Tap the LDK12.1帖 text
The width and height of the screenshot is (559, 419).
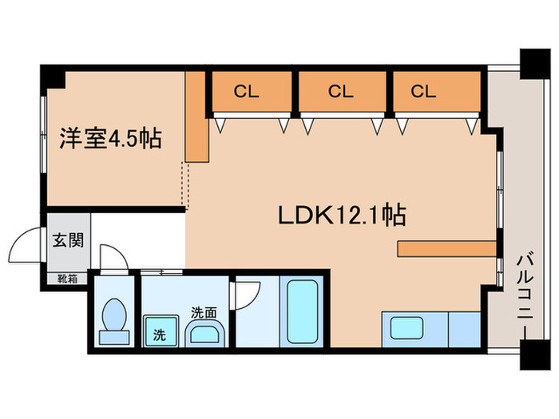coord(341,215)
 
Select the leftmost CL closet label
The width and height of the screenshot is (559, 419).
coord(246,92)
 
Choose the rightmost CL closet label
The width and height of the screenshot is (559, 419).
coord(424,92)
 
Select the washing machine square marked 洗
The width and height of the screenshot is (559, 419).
coord(157,331)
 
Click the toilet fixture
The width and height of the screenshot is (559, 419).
coord(115,317)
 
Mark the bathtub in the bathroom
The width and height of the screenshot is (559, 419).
coord(303,312)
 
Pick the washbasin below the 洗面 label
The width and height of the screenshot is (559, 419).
coord(205,334)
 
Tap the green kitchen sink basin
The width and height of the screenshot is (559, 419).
coord(406,329)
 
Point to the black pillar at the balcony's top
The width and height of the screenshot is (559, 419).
coord(531,61)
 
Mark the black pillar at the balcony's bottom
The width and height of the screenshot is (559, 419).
coord(531,356)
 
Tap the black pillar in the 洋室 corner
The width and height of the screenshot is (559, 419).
coord(53,77)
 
